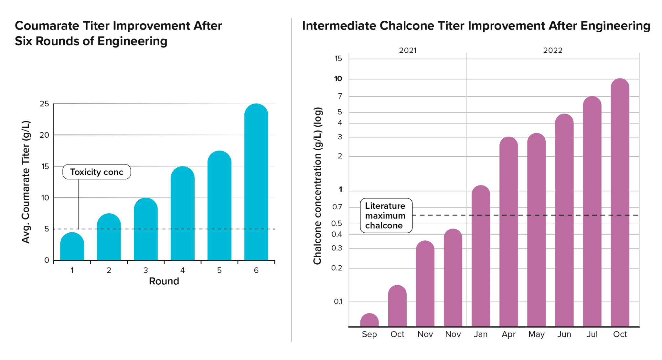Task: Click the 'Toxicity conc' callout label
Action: [x=97, y=172]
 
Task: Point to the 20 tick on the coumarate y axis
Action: [x=44, y=135]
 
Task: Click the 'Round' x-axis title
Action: [x=164, y=281]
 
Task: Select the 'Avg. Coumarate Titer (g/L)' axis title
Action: [x=26, y=182]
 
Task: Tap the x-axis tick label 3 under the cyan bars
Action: [x=146, y=270]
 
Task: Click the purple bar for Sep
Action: [x=369, y=321]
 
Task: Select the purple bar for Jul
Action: [x=592, y=212]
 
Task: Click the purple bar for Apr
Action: [x=508, y=232]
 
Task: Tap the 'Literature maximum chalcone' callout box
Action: [x=386, y=216]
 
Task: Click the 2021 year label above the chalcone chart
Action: [x=408, y=50]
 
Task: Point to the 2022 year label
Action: [x=553, y=50]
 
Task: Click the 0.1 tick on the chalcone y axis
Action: [x=338, y=302]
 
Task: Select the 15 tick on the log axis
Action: [x=338, y=58]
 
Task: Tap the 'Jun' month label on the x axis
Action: [x=564, y=334]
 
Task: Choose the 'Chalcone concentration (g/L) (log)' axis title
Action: [x=318, y=186]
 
